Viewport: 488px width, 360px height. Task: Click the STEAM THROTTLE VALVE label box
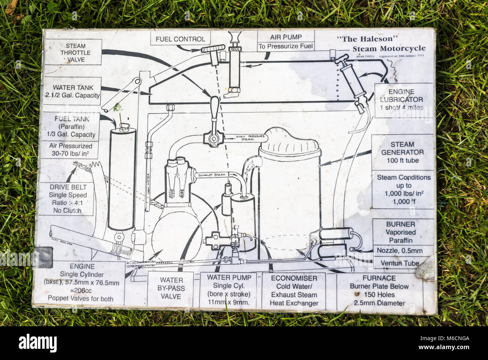(x=72, y=52)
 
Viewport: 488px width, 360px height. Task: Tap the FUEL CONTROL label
(x=180, y=39)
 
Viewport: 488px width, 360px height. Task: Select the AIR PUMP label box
(x=286, y=42)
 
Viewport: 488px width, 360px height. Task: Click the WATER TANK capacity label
(x=72, y=91)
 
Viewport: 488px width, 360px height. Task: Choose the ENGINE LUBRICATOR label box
(x=401, y=100)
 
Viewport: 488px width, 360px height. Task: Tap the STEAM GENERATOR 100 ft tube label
(x=402, y=152)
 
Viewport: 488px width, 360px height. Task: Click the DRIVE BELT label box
(x=68, y=199)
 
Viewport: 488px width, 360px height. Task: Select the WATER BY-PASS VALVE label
(x=171, y=288)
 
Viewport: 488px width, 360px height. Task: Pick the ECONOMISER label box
(x=294, y=291)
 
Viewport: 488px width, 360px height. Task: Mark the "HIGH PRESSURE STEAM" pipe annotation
(x=245, y=138)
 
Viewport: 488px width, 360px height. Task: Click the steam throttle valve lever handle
(x=214, y=109)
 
